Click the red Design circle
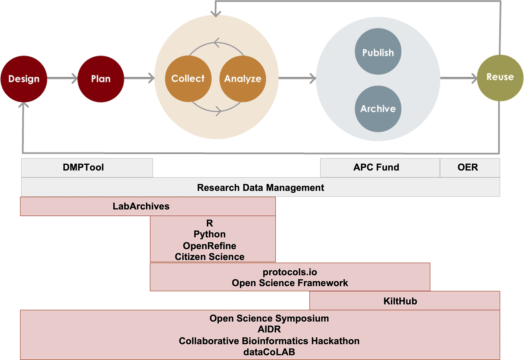[x=24, y=79]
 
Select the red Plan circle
[x=101, y=79]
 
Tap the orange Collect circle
[x=188, y=79]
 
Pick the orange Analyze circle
[x=243, y=79]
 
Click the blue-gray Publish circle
[x=378, y=51]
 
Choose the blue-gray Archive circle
[x=378, y=109]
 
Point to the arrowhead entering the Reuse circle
[x=475, y=78]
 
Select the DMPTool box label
[x=83, y=167]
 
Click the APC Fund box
[x=376, y=167]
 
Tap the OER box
[x=468, y=167]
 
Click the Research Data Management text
[x=260, y=187]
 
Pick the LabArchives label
[x=141, y=206]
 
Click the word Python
[x=209, y=234]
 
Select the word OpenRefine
[x=209, y=246]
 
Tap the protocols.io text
[x=290, y=272]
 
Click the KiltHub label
[x=400, y=301]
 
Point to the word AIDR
[x=269, y=329]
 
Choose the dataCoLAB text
[x=269, y=352]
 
